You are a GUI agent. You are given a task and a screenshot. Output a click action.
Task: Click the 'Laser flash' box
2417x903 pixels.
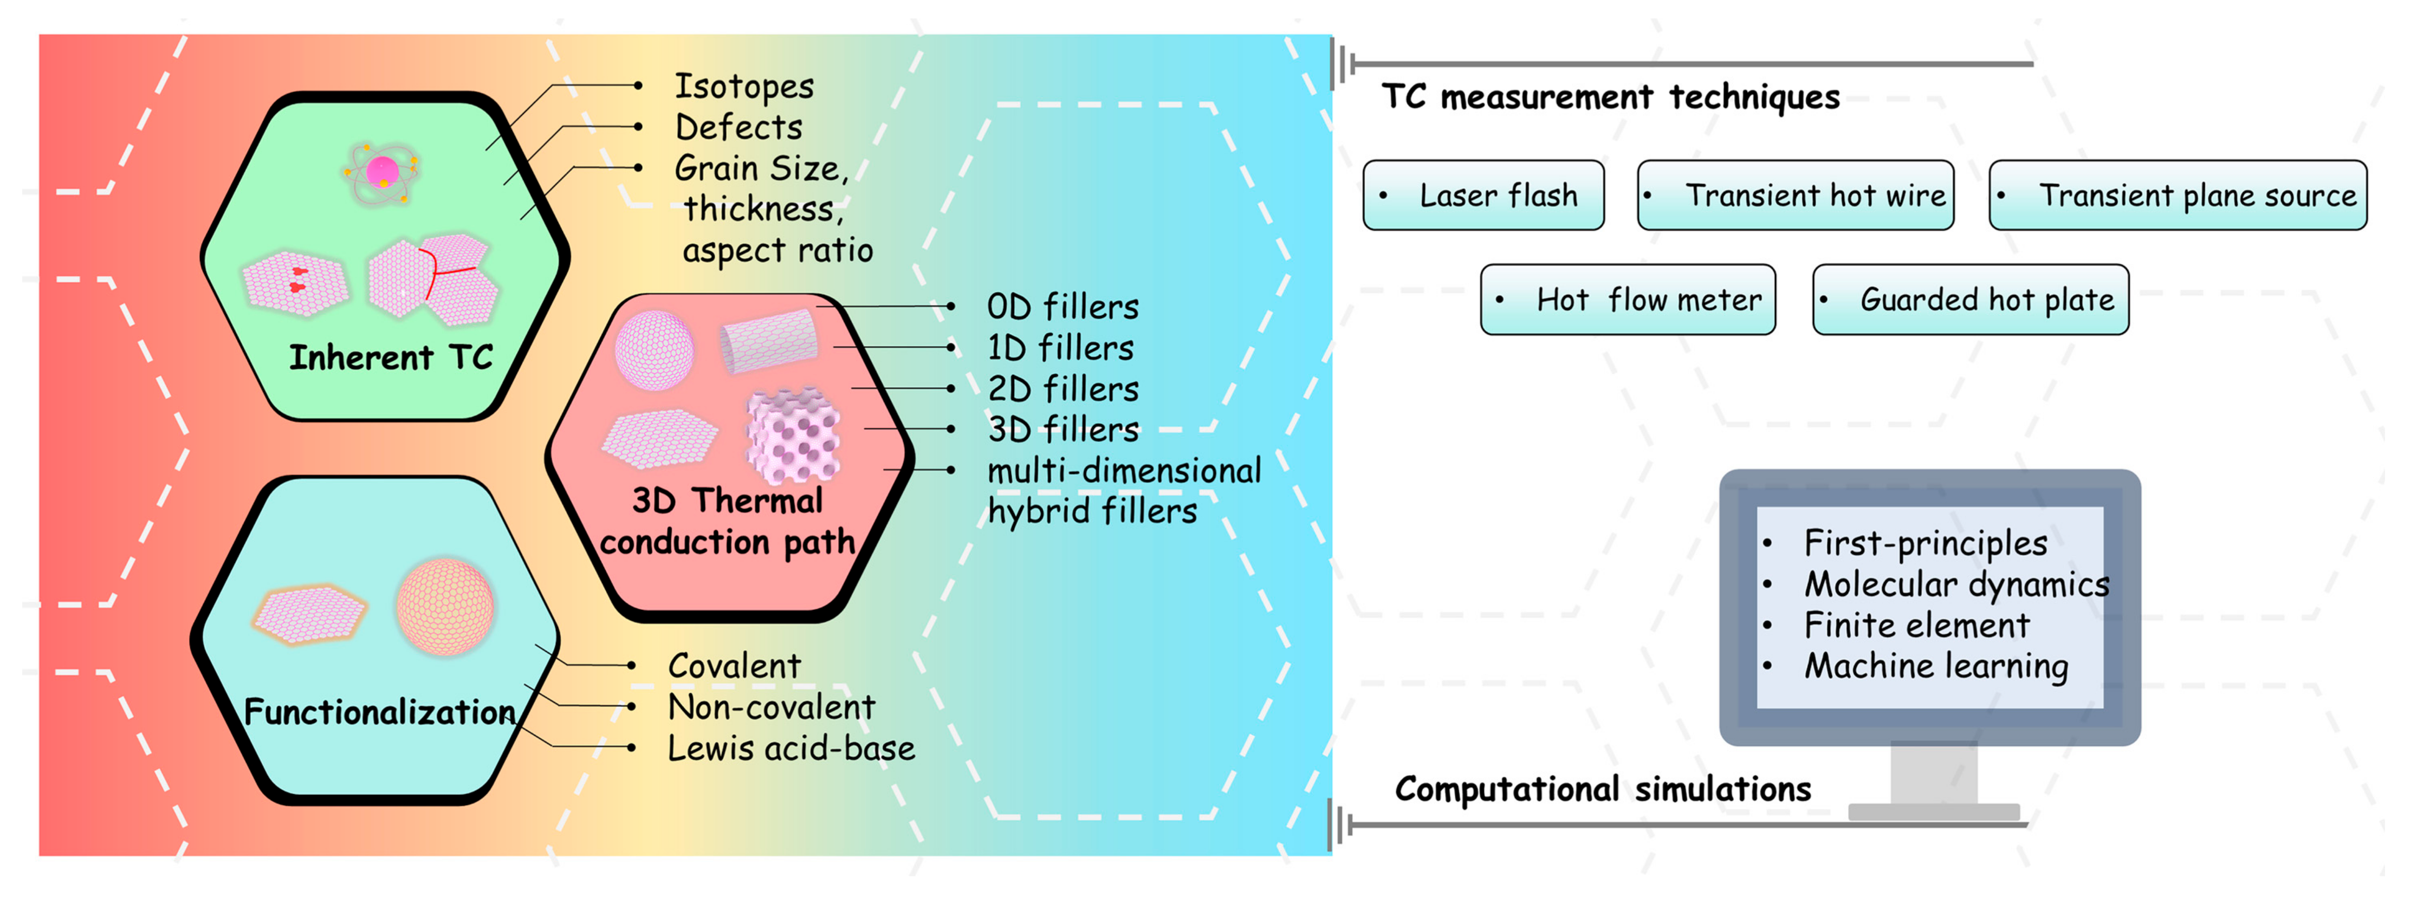[x=1483, y=195]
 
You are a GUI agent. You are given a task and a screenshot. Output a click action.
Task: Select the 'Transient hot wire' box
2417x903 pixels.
[x=1795, y=195]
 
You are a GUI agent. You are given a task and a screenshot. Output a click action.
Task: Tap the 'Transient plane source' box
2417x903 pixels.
[x=2177, y=195]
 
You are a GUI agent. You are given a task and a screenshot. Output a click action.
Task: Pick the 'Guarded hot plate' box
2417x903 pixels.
[x=1971, y=300]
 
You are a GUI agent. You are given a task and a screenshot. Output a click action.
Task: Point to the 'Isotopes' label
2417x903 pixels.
[x=744, y=86]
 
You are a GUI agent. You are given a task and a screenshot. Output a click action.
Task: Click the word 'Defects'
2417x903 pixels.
[x=738, y=127]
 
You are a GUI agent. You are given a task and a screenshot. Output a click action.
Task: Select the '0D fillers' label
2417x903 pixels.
[x=1062, y=307]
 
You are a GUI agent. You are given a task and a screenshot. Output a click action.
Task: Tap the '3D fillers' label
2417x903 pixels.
[x=1062, y=430]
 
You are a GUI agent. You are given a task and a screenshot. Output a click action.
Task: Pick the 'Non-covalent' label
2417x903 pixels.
[x=770, y=707]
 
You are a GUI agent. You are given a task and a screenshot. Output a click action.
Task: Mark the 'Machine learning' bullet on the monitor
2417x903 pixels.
[x=1936, y=666]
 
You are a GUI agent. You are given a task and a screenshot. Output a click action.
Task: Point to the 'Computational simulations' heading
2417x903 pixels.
[x=1603, y=790]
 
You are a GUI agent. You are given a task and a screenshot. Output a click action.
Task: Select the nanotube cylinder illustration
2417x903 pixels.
[x=769, y=340]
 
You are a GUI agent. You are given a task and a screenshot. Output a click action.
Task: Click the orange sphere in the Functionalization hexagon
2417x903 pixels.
[x=445, y=606]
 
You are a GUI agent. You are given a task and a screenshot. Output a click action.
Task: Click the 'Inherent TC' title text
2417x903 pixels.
[x=390, y=358]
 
